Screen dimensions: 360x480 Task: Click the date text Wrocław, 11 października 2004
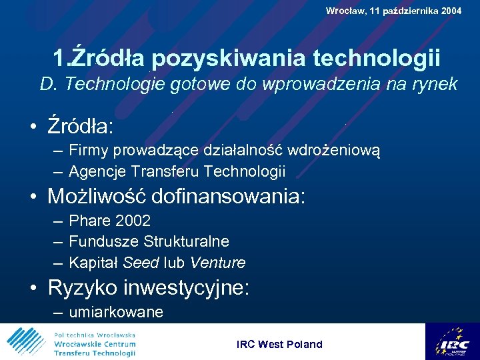393,11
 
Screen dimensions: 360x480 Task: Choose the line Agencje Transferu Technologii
177,171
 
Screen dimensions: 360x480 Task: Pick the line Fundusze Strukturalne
149,241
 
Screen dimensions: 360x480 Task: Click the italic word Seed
141,263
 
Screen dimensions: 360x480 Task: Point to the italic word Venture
217,263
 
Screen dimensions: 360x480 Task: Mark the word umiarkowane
116,312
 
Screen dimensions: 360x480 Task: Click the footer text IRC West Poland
279,344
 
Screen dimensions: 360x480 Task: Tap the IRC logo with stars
452,341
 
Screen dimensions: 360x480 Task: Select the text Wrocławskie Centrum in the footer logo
95,343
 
